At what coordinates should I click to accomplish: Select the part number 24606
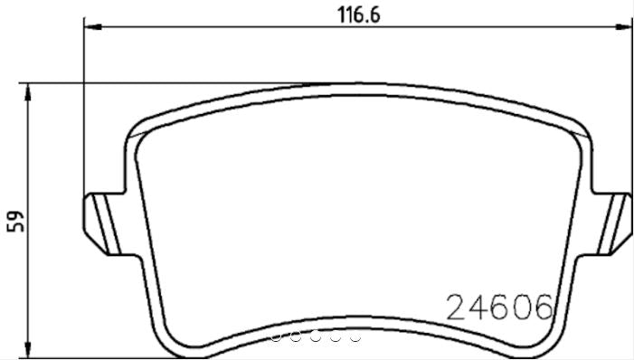point(498,308)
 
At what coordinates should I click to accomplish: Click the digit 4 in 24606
point(478,308)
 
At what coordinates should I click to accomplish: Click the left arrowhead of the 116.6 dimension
point(90,28)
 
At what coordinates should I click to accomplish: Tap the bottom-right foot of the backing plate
point(543,342)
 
